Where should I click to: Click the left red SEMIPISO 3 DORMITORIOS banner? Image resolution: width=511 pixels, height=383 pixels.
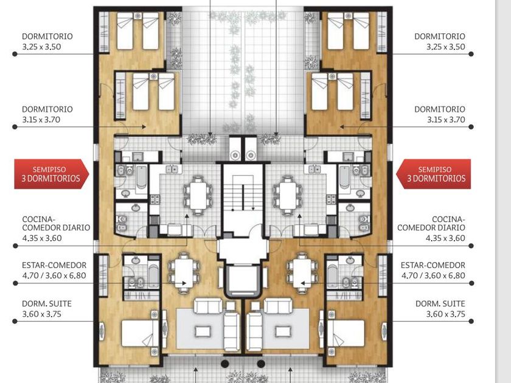click(51, 174)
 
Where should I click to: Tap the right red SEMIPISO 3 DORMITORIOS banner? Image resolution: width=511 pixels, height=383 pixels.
click(433, 174)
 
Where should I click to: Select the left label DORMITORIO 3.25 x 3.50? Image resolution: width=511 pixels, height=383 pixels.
click(47, 41)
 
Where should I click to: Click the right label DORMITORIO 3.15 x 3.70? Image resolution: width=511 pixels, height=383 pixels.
click(440, 114)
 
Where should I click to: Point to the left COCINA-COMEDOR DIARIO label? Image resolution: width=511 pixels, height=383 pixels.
click(56, 229)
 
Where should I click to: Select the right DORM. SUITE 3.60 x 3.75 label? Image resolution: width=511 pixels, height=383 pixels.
click(440, 309)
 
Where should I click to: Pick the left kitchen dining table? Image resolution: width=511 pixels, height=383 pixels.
click(198, 195)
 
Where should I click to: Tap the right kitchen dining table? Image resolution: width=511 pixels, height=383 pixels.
click(288, 195)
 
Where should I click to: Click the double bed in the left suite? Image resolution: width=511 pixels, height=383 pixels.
click(137, 333)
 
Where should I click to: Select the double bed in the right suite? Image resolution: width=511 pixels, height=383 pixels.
click(346, 333)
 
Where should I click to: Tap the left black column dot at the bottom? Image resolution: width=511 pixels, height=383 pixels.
click(225, 364)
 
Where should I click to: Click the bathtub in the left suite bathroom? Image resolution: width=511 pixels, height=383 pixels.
click(153, 276)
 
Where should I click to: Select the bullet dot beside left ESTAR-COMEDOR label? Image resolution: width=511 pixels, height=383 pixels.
click(15, 283)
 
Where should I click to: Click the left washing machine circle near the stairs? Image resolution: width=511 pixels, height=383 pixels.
click(235, 155)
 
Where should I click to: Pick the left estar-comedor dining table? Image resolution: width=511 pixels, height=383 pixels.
click(184, 273)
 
